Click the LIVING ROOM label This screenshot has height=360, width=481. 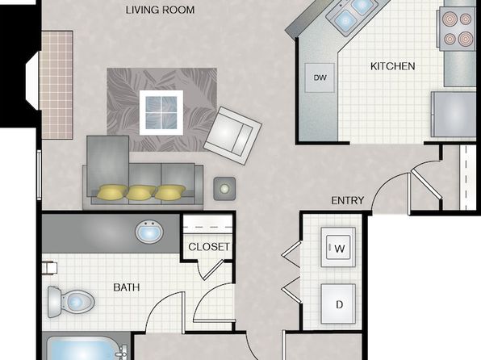tap(160, 10)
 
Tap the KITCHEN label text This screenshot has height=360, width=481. tap(393, 66)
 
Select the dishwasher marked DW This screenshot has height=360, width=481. tap(320, 77)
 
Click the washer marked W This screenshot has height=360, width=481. tap(338, 247)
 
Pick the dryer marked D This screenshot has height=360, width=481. tap(338, 303)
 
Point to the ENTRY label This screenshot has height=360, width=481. tap(348, 200)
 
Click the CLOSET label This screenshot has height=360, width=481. tap(208, 247)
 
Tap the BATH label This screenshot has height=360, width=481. tap(127, 287)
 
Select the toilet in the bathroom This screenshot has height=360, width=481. tap(71, 302)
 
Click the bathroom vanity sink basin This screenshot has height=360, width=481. tap(149, 232)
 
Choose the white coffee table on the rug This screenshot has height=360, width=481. tap(161, 113)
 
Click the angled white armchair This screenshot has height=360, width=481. tap(232, 136)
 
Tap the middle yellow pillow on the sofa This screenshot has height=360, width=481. tap(141, 192)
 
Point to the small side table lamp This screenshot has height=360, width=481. tap(224, 189)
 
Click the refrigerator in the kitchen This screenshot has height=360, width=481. tap(454, 114)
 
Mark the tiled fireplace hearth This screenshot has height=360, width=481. tap(56, 85)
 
